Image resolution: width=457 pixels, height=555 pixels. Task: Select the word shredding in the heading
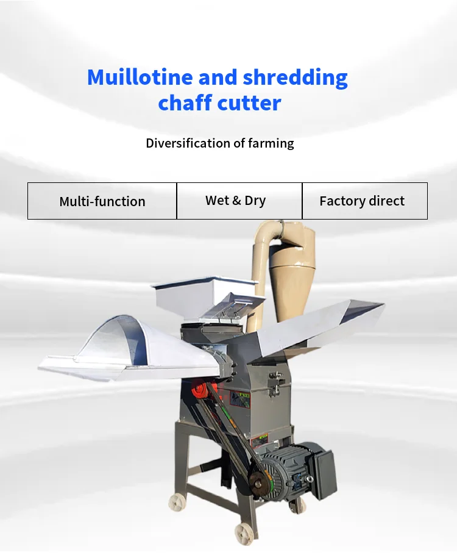296,78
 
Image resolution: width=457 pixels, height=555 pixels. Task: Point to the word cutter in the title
250,102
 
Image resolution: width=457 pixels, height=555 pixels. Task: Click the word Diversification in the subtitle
188,143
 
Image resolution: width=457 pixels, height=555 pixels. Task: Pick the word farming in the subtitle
271,144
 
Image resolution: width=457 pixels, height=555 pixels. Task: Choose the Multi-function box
102,201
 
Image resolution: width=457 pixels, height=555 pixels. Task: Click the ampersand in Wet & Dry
236,201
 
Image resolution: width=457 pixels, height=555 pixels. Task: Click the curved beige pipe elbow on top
266,235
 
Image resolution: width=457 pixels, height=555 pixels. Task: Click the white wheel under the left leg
177,503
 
